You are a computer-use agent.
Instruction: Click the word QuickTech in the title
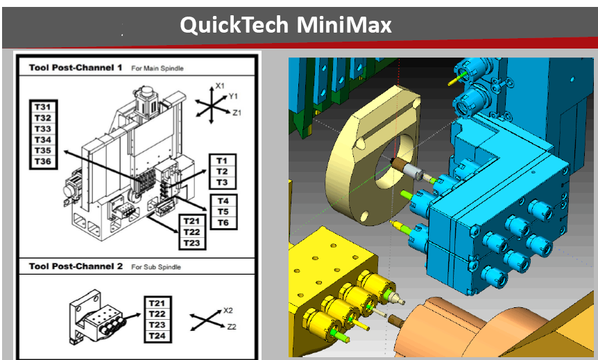click(x=234, y=25)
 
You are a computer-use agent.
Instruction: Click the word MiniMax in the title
click(x=344, y=25)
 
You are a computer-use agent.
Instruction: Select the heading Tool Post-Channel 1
click(x=76, y=68)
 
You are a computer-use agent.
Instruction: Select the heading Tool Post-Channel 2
click(x=76, y=266)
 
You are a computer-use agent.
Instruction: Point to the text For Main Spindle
click(x=157, y=68)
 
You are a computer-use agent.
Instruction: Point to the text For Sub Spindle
click(x=156, y=267)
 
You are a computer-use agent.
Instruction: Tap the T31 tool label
click(x=43, y=107)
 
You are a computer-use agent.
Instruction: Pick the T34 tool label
click(x=43, y=140)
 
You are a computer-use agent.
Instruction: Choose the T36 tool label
click(x=43, y=162)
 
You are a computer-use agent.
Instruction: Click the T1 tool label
click(x=222, y=160)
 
